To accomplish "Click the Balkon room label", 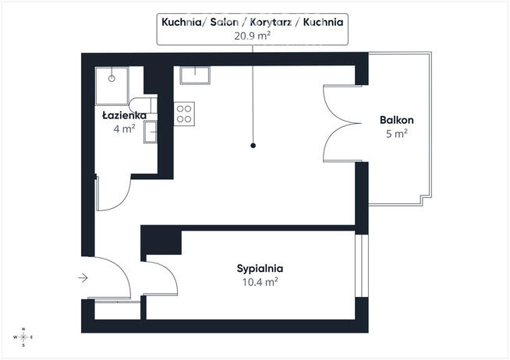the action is pos(396,120).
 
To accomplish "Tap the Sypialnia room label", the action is pos(260,269).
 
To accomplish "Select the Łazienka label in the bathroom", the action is pos(124,115).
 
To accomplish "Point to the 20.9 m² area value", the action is pos(253,36).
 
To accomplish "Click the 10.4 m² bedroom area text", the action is pos(260,282).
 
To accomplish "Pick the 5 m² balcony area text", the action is pos(396,133).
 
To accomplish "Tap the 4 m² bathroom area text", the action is pos(124,129).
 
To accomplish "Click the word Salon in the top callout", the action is pos(225,22).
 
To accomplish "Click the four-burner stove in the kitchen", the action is pos(184,114).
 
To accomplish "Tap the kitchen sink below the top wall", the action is pos(195,75).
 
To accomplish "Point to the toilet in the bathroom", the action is pos(143,105).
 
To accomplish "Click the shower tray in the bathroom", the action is pos(112,86).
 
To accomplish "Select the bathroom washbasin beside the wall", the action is pos(151,132).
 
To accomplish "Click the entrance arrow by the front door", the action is pos(83,278).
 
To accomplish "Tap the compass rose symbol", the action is pos(23,337).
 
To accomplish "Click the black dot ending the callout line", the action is pos(253,146).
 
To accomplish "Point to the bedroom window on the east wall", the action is pos(361,266).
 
